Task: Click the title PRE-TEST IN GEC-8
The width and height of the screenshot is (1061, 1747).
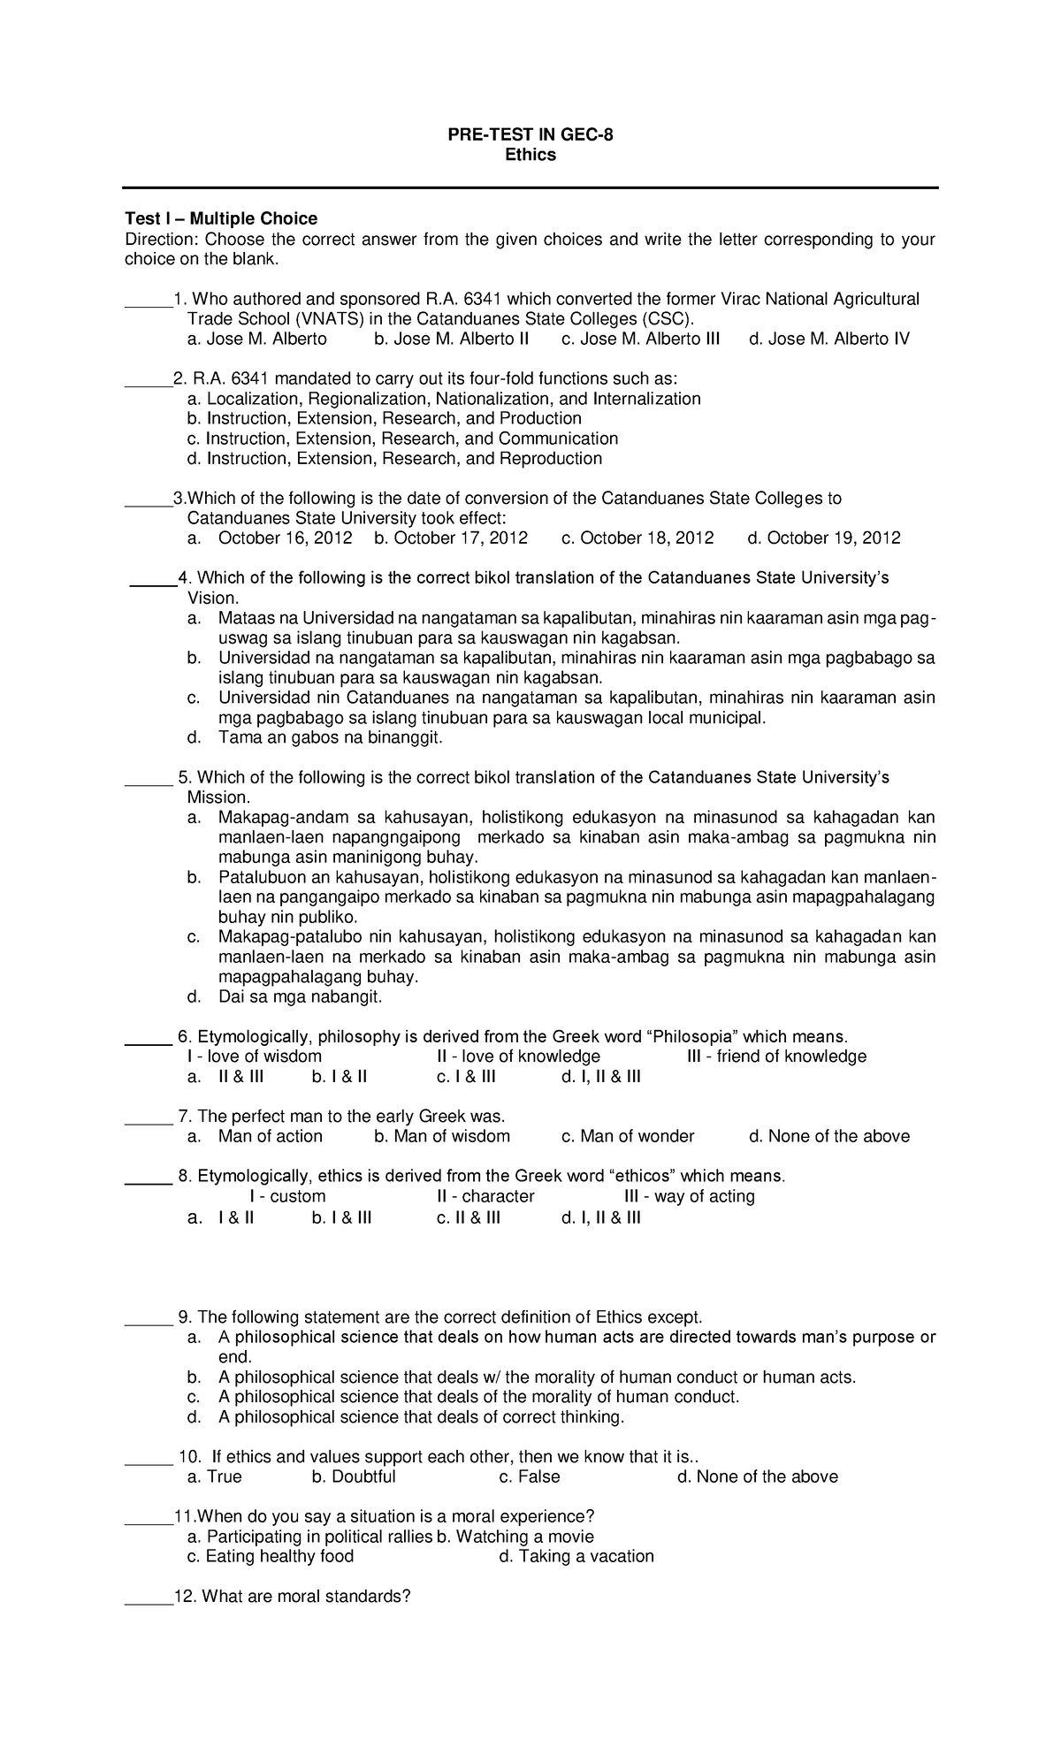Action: [530, 134]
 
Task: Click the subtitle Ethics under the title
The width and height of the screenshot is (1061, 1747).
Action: [530, 155]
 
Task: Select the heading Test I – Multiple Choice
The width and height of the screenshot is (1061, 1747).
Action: [221, 218]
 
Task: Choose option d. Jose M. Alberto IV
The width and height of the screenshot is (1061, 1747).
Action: [828, 339]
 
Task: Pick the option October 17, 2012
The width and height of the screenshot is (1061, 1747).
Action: [451, 538]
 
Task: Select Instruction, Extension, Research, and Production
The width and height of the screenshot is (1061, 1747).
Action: [384, 418]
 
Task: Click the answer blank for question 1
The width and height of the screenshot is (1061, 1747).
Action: [148, 301]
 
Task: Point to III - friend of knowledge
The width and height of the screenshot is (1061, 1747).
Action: [776, 1057]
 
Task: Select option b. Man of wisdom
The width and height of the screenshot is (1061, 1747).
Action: [442, 1136]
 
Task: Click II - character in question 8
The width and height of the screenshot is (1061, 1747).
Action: [485, 1196]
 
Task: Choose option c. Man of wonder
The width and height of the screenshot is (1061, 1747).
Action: [628, 1136]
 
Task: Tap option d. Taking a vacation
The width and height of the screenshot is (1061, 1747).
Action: [576, 1556]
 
